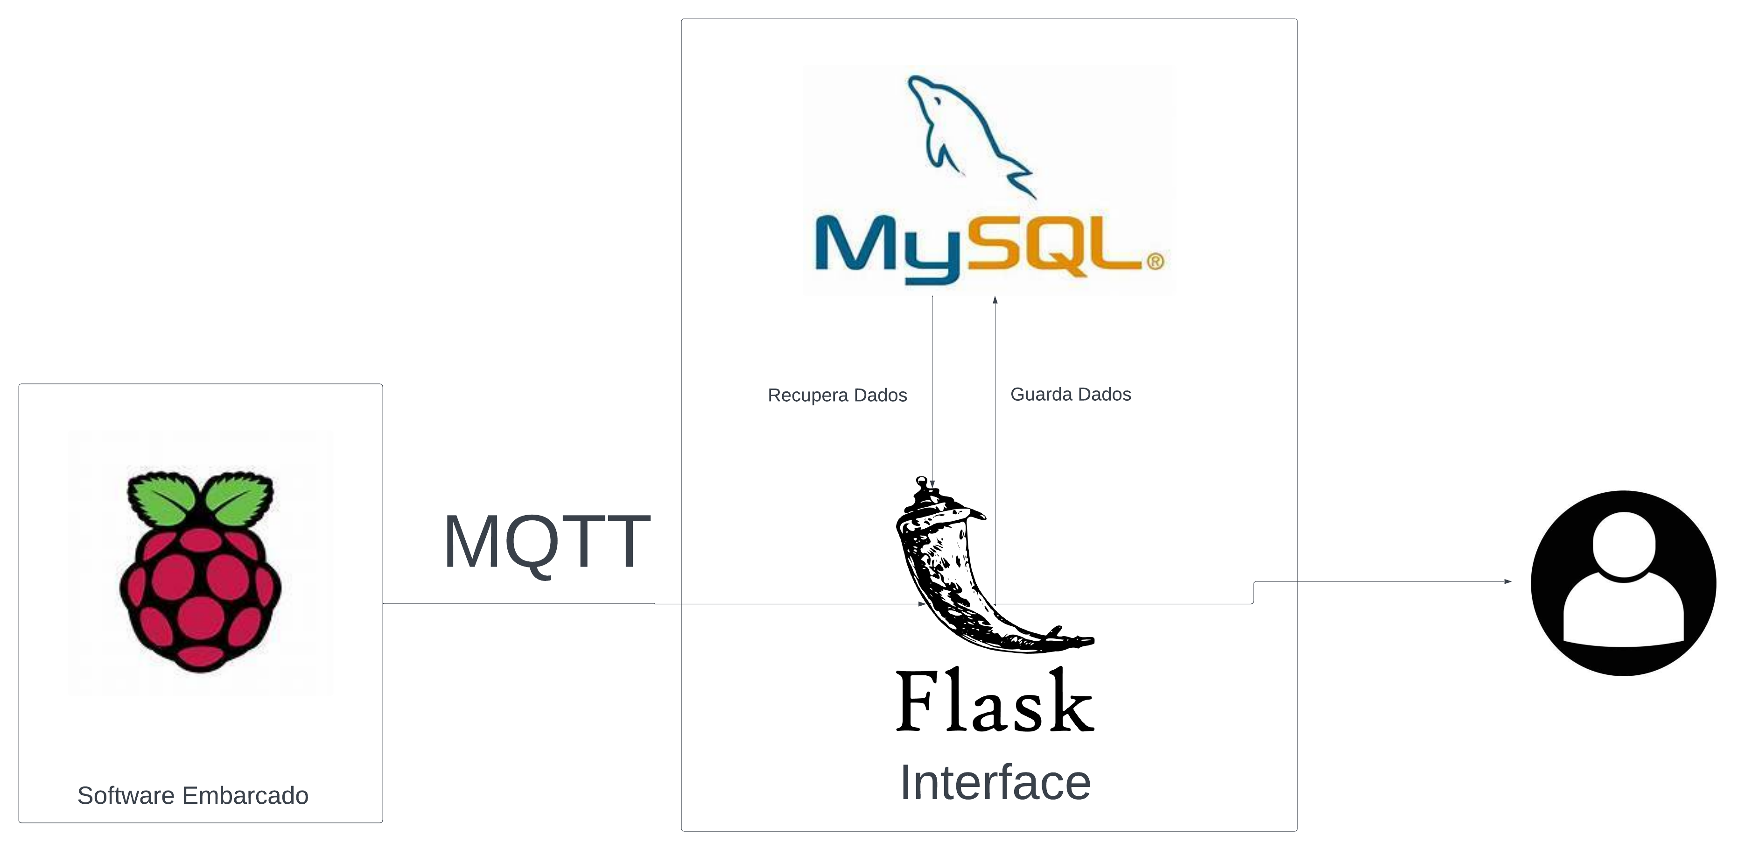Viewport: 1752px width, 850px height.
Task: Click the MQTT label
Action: pos(546,542)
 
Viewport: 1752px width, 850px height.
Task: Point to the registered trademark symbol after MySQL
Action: pos(1155,262)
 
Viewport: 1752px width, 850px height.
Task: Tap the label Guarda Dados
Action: pos(1071,394)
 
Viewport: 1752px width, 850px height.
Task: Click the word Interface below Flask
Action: pos(995,783)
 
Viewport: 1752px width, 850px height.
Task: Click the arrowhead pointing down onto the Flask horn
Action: pos(932,483)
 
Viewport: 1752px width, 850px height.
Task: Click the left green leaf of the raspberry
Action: pos(162,499)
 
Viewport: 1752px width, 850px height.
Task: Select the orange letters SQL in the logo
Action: pos(1054,246)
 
